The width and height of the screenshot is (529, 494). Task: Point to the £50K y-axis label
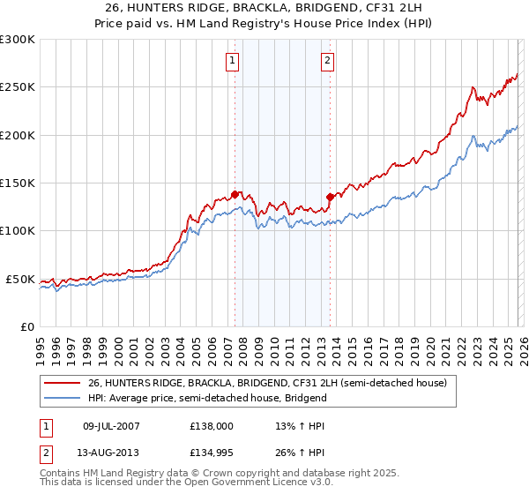coord(19,279)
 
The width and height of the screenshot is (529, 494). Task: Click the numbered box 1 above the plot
coord(232,61)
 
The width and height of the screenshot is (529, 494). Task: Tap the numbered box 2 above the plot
coord(327,61)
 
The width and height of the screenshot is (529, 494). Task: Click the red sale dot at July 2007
coord(235,194)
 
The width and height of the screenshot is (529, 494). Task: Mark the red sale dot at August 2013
coord(330,197)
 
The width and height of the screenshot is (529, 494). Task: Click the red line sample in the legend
coord(62,384)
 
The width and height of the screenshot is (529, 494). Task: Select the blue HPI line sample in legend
coord(62,398)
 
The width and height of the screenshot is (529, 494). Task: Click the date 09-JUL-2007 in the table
coord(118,424)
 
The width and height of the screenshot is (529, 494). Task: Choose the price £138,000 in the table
coord(212,424)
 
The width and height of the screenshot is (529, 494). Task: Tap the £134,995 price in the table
coord(212,454)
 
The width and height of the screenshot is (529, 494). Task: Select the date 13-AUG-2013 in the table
coord(118,454)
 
